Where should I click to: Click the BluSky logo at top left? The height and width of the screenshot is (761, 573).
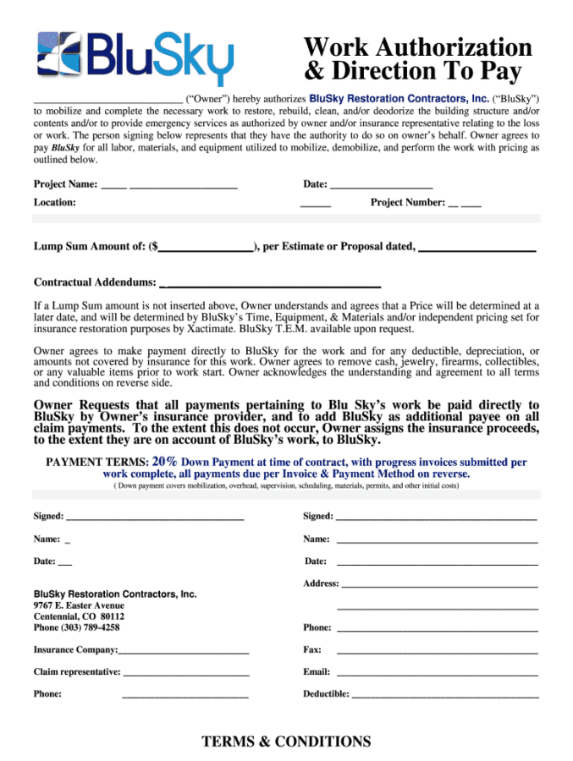(x=135, y=57)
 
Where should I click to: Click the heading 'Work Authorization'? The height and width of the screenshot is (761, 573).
(x=417, y=47)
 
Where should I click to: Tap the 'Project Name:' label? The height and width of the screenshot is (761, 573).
(x=65, y=184)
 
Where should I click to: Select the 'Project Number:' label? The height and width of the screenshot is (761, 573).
(x=408, y=202)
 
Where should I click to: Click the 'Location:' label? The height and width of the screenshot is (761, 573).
(x=55, y=202)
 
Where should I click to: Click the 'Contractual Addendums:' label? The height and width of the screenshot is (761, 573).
(x=94, y=282)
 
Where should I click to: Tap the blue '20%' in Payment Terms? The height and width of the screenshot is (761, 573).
(x=164, y=463)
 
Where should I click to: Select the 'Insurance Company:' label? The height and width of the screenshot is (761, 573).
(x=75, y=650)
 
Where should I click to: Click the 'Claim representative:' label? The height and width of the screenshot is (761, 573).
(x=77, y=672)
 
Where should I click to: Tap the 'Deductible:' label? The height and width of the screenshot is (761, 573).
(x=326, y=694)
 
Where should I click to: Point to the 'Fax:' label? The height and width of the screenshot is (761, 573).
(x=312, y=650)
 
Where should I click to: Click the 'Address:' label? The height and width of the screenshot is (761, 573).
(x=321, y=583)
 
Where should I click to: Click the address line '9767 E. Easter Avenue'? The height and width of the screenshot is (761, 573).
(x=79, y=605)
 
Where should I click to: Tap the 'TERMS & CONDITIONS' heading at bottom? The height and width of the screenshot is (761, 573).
(x=286, y=742)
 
